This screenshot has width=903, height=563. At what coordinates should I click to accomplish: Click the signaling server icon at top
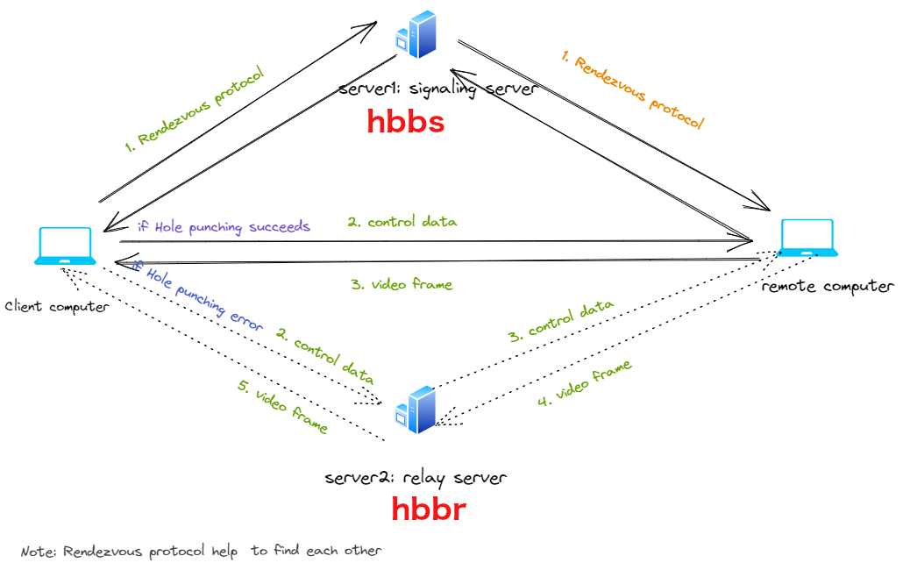416,33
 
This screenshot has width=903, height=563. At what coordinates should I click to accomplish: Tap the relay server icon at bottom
416,410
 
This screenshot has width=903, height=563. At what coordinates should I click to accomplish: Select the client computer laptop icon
65,246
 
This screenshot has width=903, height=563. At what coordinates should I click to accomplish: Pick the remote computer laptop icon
808,239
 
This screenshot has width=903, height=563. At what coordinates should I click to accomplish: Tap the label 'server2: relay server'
415,478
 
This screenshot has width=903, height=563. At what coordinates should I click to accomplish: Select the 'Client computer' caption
57,307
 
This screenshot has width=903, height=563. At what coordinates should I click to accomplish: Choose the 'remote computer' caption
828,287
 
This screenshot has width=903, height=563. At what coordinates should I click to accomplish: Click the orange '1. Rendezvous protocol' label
632,90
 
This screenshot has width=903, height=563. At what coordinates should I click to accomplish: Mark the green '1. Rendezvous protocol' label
194,109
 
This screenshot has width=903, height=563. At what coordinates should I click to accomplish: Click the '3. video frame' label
402,284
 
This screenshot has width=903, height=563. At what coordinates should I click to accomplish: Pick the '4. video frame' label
585,382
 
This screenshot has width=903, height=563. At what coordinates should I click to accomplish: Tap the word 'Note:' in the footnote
38,552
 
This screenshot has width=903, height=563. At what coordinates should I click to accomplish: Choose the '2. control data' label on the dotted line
325,357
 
